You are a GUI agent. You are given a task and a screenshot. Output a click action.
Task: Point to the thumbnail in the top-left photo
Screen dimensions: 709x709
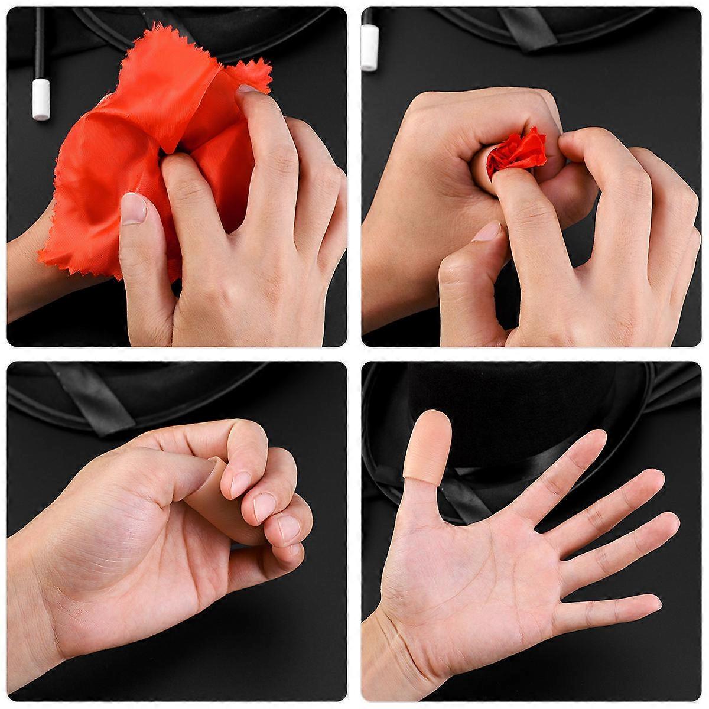(135, 208)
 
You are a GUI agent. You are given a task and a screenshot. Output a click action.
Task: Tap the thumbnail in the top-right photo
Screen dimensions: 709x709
(488, 232)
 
